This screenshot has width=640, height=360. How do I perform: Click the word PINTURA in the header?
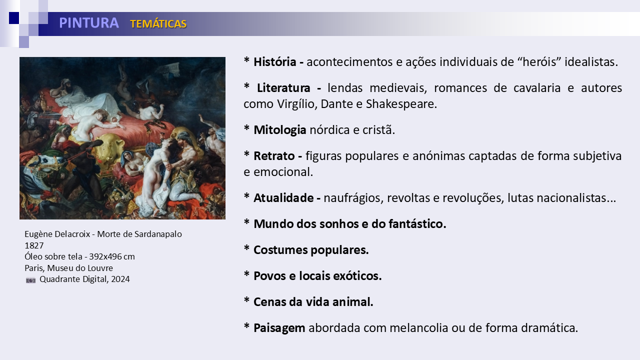pos(89,23)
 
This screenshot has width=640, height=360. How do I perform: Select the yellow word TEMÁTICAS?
pos(158,24)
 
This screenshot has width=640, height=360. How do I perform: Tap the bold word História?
pos(275,62)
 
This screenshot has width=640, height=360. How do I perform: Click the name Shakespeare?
pos(401,104)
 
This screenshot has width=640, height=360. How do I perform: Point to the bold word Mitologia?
pos(279,130)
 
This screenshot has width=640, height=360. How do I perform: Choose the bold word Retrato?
pos(274,156)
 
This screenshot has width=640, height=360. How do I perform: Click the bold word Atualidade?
pos(283,197)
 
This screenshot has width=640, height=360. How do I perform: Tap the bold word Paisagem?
pos(279,328)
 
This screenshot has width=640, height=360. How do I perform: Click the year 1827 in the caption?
pos(34,245)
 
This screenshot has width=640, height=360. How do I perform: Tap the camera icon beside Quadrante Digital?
pos(31,280)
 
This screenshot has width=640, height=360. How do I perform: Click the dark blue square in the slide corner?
pos(14,18)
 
